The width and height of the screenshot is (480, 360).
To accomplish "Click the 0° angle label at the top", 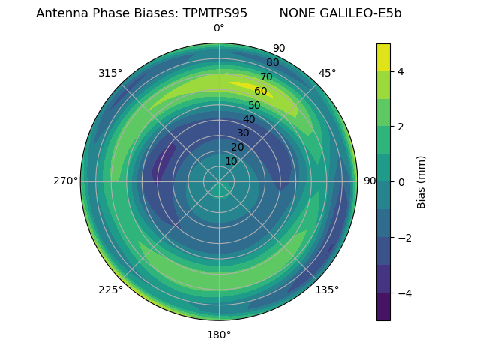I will pos(219,28).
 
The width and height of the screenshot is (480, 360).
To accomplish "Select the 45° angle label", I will pos(327,73).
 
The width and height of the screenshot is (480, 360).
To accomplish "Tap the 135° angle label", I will pos(327,289).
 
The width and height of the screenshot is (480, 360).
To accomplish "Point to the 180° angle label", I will pos(219,334).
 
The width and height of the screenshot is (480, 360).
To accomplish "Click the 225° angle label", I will pos(110,290).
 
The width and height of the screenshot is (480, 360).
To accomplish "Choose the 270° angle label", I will pos(66,181).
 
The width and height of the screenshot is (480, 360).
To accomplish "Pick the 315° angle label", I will pos(110,73).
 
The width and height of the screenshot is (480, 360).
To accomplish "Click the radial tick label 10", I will pos(231,161).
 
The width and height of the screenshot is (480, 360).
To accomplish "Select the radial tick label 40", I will pos(249,119).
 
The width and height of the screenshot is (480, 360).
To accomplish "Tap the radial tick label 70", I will pos(266,76).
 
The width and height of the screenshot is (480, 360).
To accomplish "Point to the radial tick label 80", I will pos(272,62).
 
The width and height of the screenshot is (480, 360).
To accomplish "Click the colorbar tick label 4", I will pos(401,71).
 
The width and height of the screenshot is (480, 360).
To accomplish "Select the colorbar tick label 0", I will pos(401,181).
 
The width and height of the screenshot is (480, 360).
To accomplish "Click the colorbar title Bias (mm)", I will pos(421,181).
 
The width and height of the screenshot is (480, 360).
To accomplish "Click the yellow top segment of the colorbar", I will pos(383,57).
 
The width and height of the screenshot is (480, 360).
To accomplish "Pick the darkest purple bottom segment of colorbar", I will pos(383,306).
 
